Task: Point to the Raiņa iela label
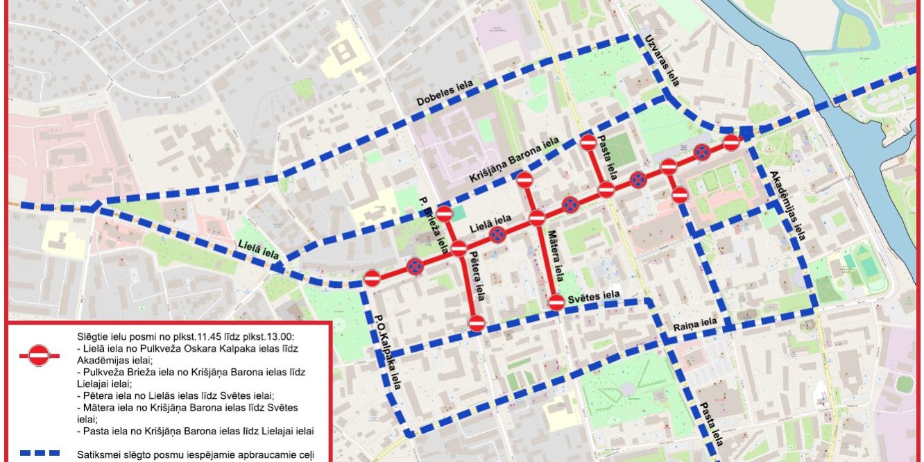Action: [694, 323]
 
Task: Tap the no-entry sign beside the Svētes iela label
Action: [556, 302]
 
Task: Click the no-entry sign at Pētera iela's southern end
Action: [476, 323]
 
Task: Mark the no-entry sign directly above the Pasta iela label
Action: [588, 143]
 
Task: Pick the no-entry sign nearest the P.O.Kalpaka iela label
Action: [372, 278]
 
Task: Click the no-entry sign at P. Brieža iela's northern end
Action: [444, 214]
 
